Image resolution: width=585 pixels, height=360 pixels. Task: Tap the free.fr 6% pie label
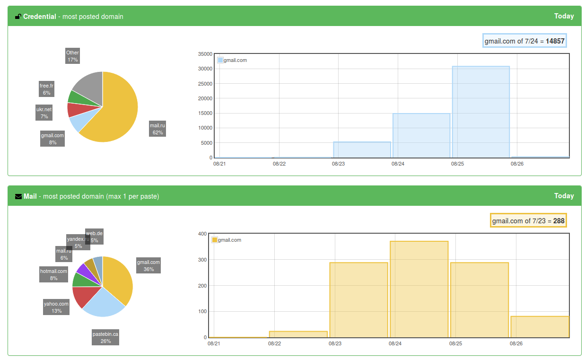[x=46, y=89]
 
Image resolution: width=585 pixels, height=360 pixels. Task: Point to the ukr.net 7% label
[x=44, y=113]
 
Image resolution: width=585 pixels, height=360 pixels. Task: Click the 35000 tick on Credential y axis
[x=205, y=54]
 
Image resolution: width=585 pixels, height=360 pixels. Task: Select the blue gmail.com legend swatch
[x=220, y=60]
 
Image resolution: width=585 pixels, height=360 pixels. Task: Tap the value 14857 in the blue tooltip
[x=555, y=41]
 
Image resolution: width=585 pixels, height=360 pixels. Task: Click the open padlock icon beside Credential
[x=18, y=17]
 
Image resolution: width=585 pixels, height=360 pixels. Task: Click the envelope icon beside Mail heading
[x=18, y=196]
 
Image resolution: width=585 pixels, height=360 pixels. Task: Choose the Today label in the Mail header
[x=564, y=196]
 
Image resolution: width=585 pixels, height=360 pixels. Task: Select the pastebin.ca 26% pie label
[x=105, y=337]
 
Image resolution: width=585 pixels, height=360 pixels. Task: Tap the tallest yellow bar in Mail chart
[x=419, y=289]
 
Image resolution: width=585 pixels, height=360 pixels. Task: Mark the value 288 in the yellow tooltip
[x=559, y=221]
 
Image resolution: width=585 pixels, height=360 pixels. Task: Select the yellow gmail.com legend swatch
[x=215, y=240]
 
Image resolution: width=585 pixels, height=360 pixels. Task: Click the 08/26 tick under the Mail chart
[x=515, y=343]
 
